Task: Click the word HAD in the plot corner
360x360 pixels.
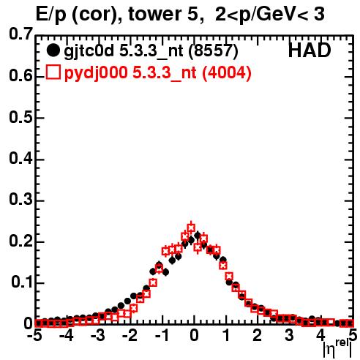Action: point(310,50)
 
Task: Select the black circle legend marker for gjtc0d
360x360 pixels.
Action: point(53,50)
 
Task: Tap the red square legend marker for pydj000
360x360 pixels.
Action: point(53,72)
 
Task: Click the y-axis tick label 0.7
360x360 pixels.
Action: point(20,34)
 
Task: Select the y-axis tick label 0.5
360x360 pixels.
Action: point(20,117)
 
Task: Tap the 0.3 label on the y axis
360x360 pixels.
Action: point(20,199)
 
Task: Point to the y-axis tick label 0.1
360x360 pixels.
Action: point(22,282)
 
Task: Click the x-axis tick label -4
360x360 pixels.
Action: point(67,336)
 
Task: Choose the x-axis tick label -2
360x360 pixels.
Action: point(130,336)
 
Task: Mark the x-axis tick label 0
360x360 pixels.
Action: point(194,336)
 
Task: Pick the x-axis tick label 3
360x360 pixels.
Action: point(289,336)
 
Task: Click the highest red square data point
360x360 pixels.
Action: point(191,228)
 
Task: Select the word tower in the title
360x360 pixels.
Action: point(152,14)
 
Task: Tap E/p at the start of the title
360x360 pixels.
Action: point(51,15)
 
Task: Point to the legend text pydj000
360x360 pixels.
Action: point(96,73)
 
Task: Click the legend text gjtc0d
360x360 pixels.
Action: point(89,51)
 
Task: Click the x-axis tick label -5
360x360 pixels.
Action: point(34,336)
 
